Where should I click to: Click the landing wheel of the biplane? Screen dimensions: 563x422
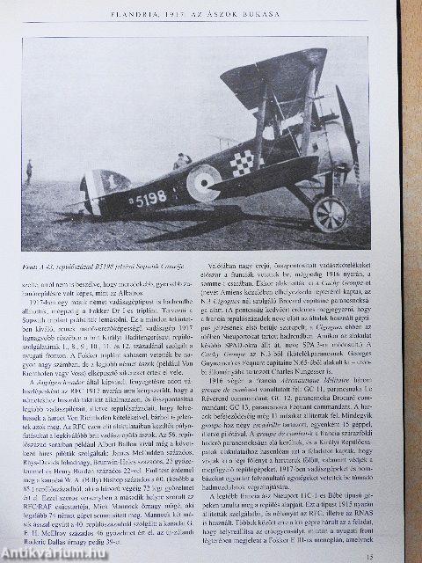(330, 213)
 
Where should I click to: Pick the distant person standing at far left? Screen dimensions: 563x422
(29, 171)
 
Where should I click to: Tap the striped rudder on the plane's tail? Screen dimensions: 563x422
(95, 191)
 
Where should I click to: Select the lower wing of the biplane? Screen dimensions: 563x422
(264, 189)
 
